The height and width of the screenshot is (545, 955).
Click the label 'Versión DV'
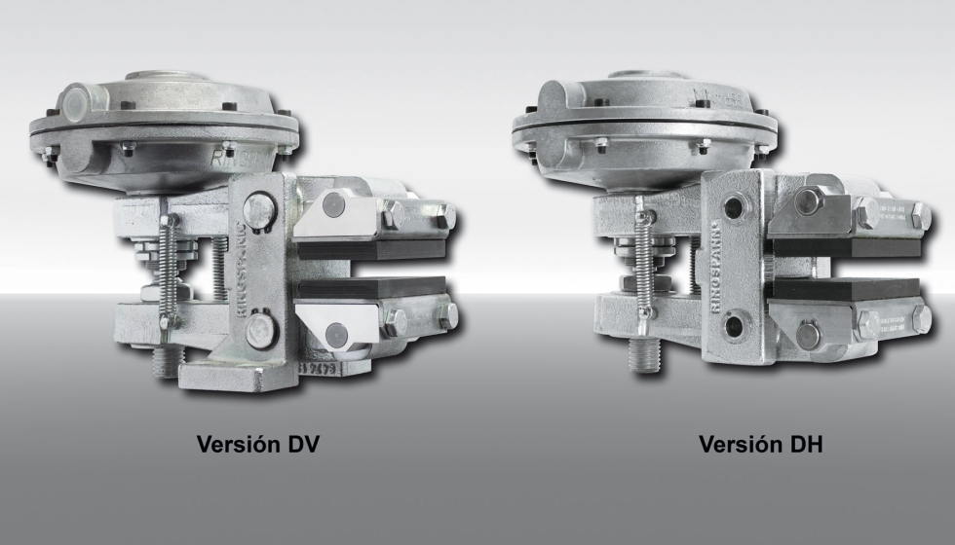point(258,445)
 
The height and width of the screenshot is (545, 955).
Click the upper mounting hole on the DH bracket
point(732,205)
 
